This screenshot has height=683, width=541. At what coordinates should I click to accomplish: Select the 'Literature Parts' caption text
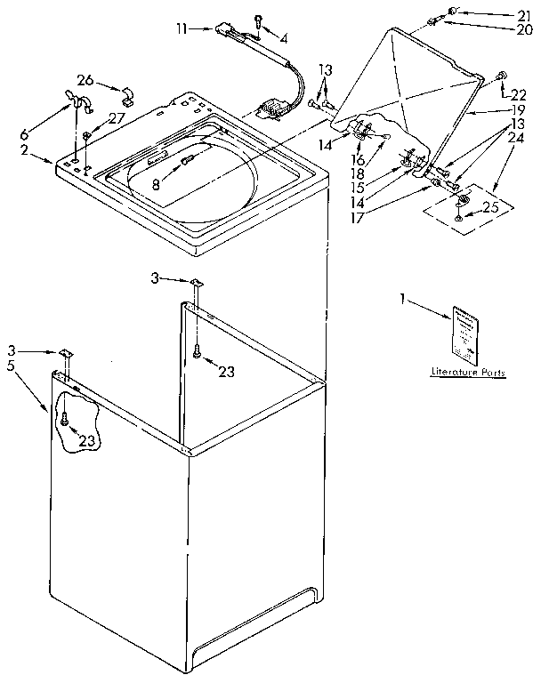[x=468, y=373]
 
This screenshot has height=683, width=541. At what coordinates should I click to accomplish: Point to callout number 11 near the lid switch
[x=182, y=29]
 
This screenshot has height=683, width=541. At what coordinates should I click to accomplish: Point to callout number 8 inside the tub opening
[x=157, y=186]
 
